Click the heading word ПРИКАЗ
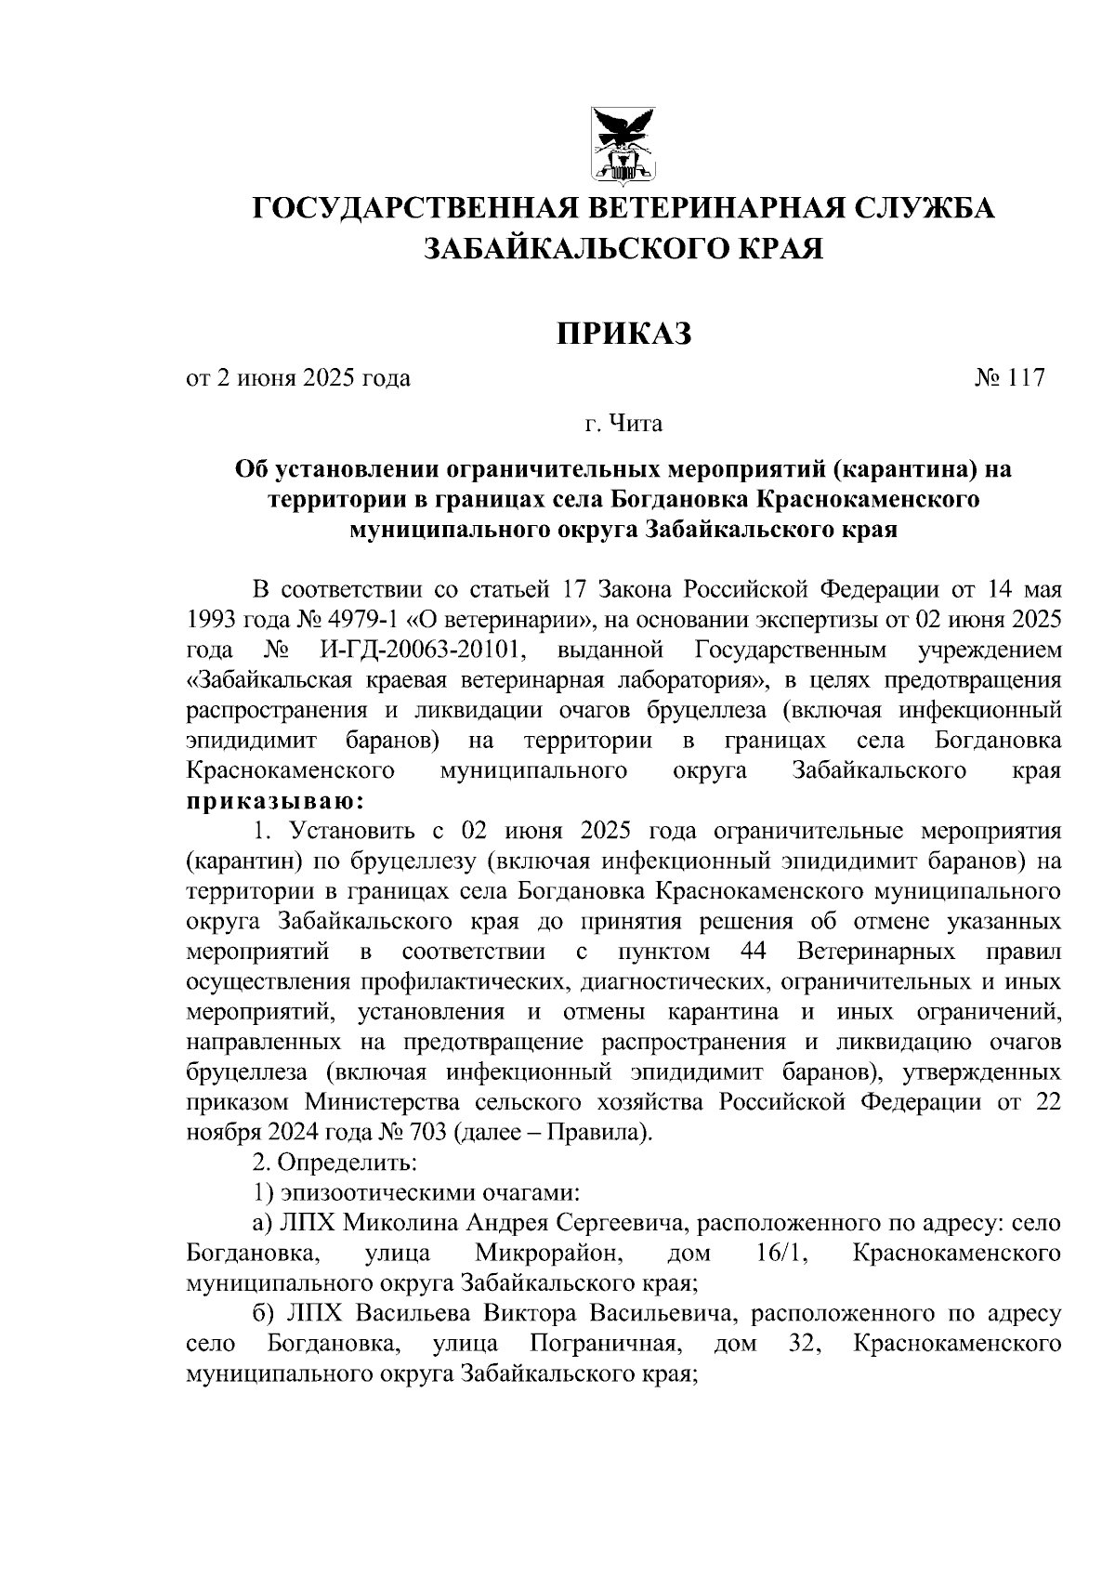pos(624,333)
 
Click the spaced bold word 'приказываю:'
pos(275,801)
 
